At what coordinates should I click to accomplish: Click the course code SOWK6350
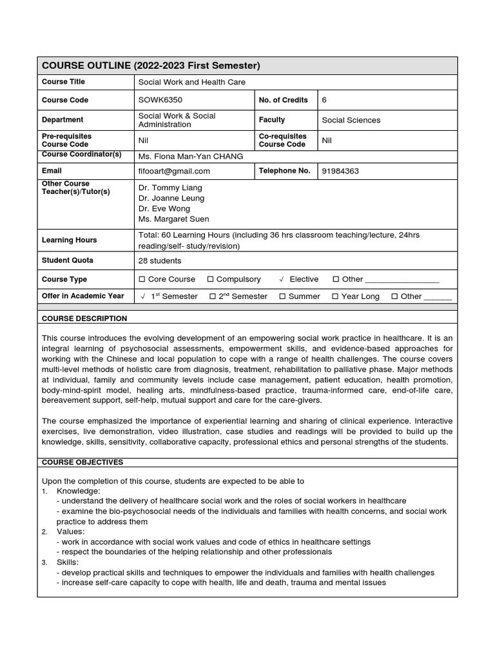pos(159,100)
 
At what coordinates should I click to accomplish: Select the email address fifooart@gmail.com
pos(174,171)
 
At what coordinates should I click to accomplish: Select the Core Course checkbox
pos(142,280)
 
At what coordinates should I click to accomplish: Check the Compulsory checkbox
pos(210,280)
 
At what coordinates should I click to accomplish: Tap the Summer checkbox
pos(282,296)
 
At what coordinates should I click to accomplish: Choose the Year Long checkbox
pos(335,296)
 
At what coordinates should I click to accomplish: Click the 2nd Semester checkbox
pos(213,296)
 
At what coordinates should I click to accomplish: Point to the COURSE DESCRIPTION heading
pos(84,318)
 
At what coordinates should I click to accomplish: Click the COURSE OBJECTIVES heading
pos(82,462)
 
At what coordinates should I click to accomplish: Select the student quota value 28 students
pos(160,261)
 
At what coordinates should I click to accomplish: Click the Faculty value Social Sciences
pos(351,120)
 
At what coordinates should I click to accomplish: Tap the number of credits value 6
pos(324,100)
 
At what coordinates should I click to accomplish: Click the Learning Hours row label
pos(69,240)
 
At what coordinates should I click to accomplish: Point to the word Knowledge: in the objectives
pos(78,490)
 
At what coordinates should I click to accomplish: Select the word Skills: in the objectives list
pos(69,562)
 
